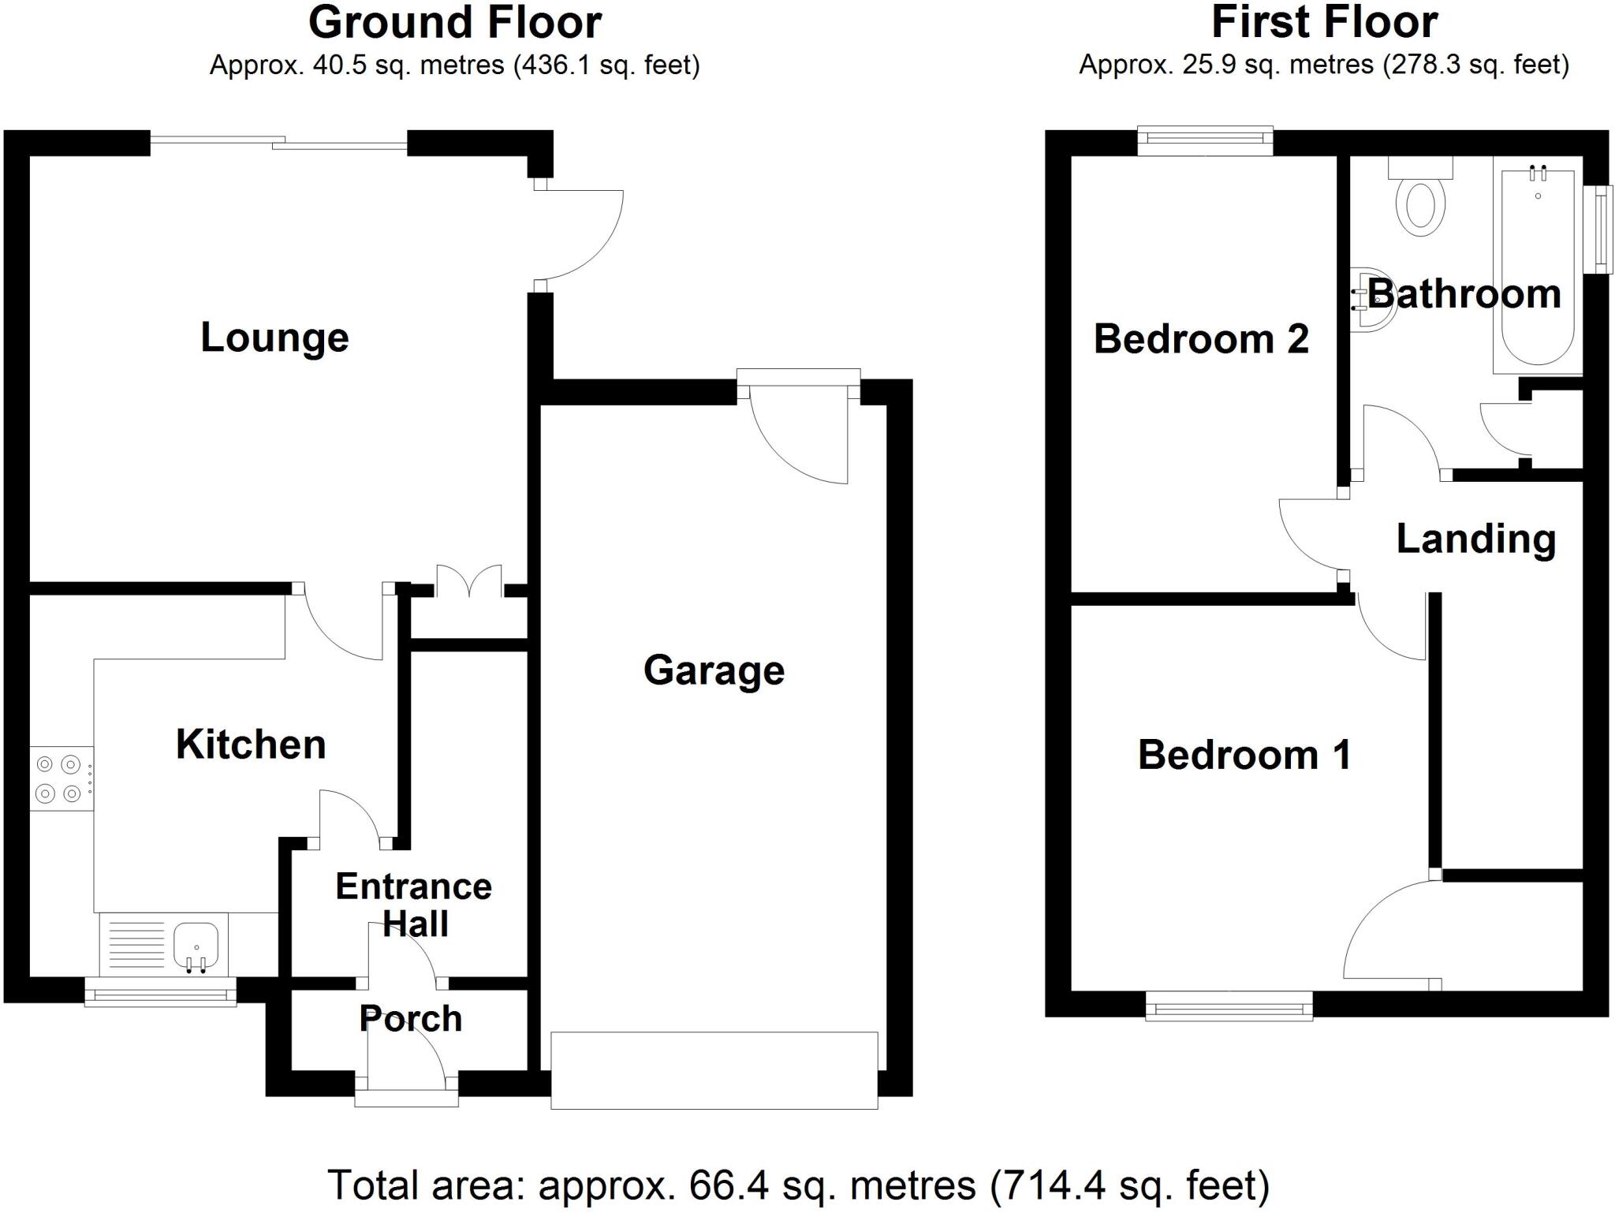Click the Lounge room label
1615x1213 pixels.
[274, 338]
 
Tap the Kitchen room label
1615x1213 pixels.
[251, 745]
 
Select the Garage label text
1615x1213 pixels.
[714, 670]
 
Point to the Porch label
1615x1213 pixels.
[410, 1018]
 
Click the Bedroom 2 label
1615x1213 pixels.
[1201, 339]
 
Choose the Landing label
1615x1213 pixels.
[1476, 539]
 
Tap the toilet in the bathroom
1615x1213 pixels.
[1420, 202]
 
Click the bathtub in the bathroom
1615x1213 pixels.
[1538, 268]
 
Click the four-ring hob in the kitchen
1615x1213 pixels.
[60, 778]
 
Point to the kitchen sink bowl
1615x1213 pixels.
[196, 944]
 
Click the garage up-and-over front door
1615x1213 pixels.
[714, 1069]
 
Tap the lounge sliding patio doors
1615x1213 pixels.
[278, 143]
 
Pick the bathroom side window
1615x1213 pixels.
[1600, 230]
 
